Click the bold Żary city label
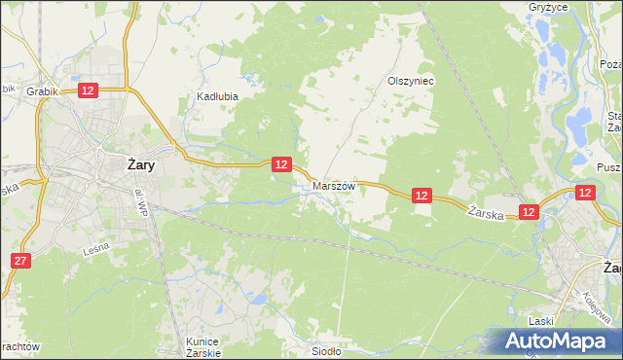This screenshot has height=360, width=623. coord(141,164)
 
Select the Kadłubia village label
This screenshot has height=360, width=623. coord(217,97)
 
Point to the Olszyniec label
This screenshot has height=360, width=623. coord(410,82)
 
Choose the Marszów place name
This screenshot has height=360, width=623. coord(334,184)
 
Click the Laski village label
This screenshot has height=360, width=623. coord(541,320)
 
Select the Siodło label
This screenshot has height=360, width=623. coord(325,352)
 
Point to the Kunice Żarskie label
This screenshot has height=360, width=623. coord(203,347)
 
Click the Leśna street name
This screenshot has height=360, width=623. coord(95,249)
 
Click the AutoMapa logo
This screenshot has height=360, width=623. coord(558,342)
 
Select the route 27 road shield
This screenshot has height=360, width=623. coord(21,261)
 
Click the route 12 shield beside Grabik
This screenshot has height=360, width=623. coord(88,90)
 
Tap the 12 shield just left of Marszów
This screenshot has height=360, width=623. coord(280,164)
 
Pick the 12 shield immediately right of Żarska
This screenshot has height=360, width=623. coord(529,211)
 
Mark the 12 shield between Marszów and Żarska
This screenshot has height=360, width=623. coord(421,196)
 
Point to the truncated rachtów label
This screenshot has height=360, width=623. coord(19,346)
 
